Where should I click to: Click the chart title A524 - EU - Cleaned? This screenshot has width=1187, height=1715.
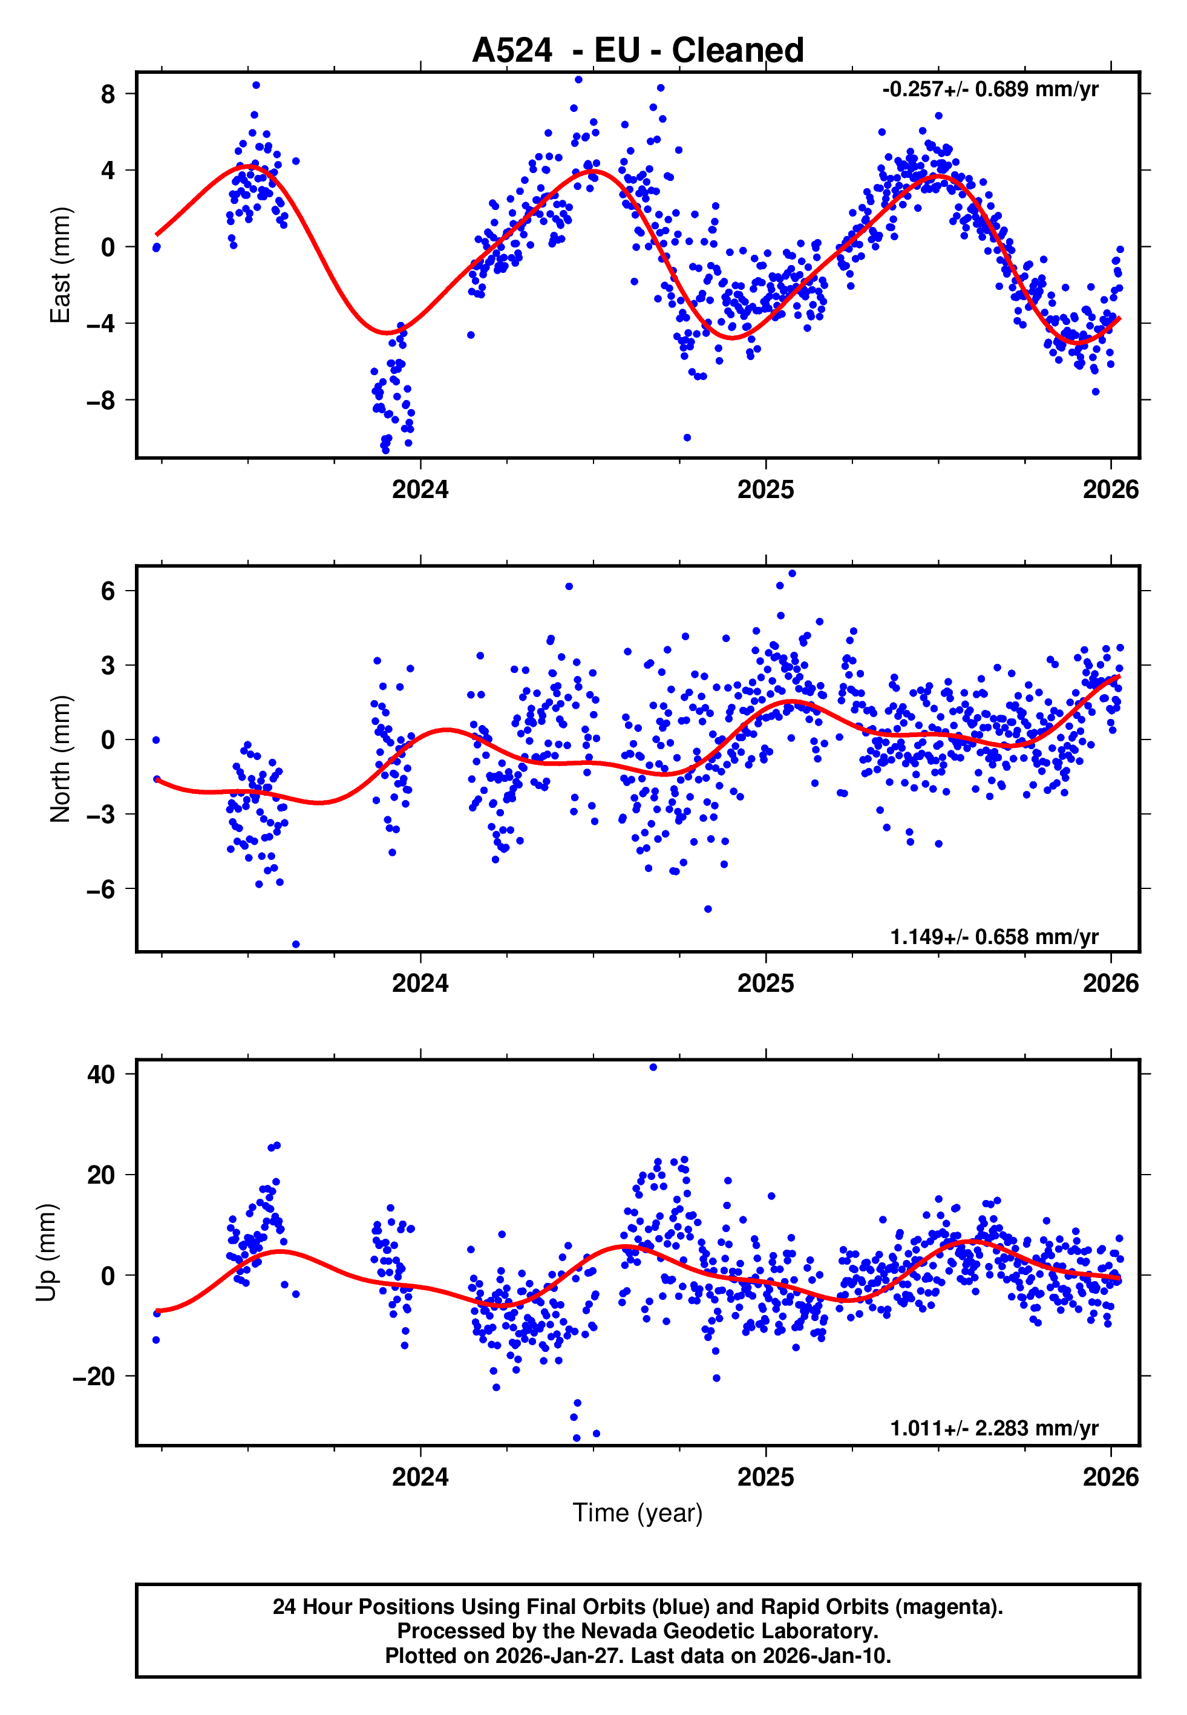click(638, 51)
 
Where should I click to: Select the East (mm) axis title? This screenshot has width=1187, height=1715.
click(59, 265)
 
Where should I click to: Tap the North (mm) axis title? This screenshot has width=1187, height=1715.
click(59, 759)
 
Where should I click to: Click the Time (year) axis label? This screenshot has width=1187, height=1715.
click(638, 1513)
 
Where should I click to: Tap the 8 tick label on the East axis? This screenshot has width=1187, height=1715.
click(108, 94)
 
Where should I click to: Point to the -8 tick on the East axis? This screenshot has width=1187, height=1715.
click(101, 401)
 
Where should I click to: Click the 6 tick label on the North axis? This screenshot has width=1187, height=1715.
click(108, 591)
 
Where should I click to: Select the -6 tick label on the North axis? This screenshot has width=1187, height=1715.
click(101, 889)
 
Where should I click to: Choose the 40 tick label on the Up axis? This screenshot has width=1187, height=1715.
click(101, 1074)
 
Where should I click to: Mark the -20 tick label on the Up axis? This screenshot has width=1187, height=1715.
click(94, 1377)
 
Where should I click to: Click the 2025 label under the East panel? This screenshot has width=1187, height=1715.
click(765, 490)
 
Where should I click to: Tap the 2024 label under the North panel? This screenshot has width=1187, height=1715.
click(420, 984)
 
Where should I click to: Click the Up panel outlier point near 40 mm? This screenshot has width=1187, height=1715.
click(653, 1067)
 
